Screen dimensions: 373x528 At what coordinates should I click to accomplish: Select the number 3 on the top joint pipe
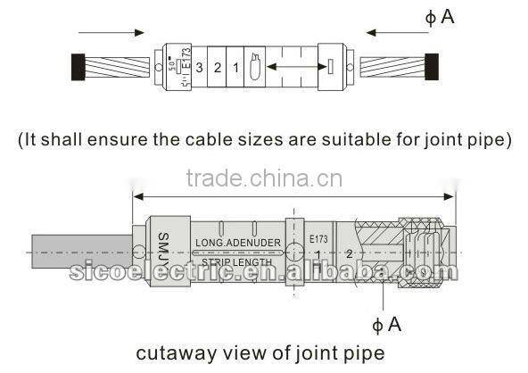(x=199, y=67)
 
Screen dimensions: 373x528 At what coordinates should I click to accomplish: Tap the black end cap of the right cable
(x=434, y=66)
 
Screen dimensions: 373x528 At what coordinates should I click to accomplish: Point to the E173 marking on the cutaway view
(x=318, y=239)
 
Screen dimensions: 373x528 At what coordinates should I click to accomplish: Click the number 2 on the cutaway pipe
(x=349, y=253)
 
